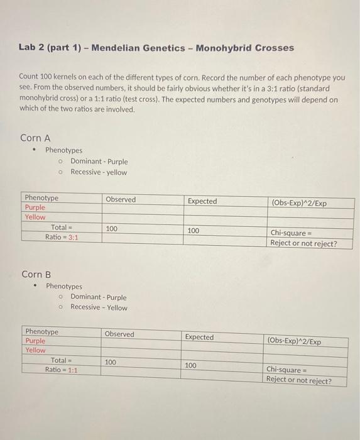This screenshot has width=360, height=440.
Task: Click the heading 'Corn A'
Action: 35,138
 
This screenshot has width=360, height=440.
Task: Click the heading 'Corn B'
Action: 36,274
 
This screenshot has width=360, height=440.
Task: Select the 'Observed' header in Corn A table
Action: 121,199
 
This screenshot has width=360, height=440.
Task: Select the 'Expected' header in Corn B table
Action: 199,337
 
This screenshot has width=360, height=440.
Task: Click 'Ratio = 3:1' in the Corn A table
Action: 61,237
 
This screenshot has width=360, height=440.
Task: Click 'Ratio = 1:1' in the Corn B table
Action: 61,370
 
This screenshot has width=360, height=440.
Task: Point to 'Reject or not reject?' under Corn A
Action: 303,243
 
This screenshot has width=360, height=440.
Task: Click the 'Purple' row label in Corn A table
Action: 35,207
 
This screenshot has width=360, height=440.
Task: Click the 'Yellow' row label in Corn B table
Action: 35,350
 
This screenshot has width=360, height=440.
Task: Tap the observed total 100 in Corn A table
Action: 111,229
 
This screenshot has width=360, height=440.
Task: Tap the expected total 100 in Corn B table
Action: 191,365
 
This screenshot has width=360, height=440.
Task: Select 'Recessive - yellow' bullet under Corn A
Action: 99,172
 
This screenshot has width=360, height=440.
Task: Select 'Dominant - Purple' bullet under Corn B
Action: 98,297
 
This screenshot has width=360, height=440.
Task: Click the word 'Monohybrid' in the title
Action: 231,48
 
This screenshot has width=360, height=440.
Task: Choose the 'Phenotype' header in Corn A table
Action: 41,198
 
